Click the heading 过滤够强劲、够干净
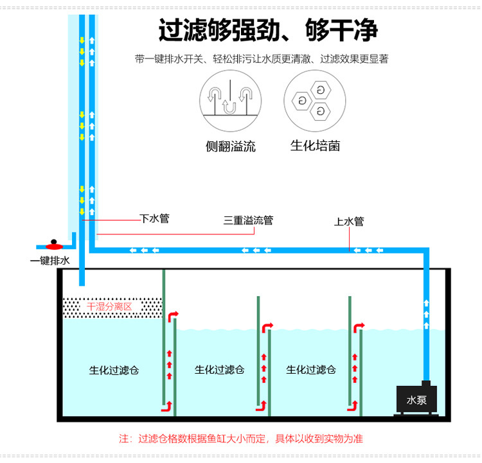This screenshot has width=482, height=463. click(x=268, y=30)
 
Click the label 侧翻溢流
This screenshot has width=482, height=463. click(x=230, y=146)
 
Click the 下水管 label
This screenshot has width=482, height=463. click(x=155, y=218)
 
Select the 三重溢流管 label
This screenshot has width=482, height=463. click(x=248, y=220)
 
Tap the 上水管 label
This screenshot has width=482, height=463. click(x=349, y=222)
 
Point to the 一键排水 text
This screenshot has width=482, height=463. click(x=49, y=261)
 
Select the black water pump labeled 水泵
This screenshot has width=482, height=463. click(x=417, y=401)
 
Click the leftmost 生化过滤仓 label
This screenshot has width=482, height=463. click(x=114, y=370)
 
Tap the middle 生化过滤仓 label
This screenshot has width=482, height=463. click(x=219, y=370)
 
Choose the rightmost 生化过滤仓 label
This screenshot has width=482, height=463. click(x=311, y=370)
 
